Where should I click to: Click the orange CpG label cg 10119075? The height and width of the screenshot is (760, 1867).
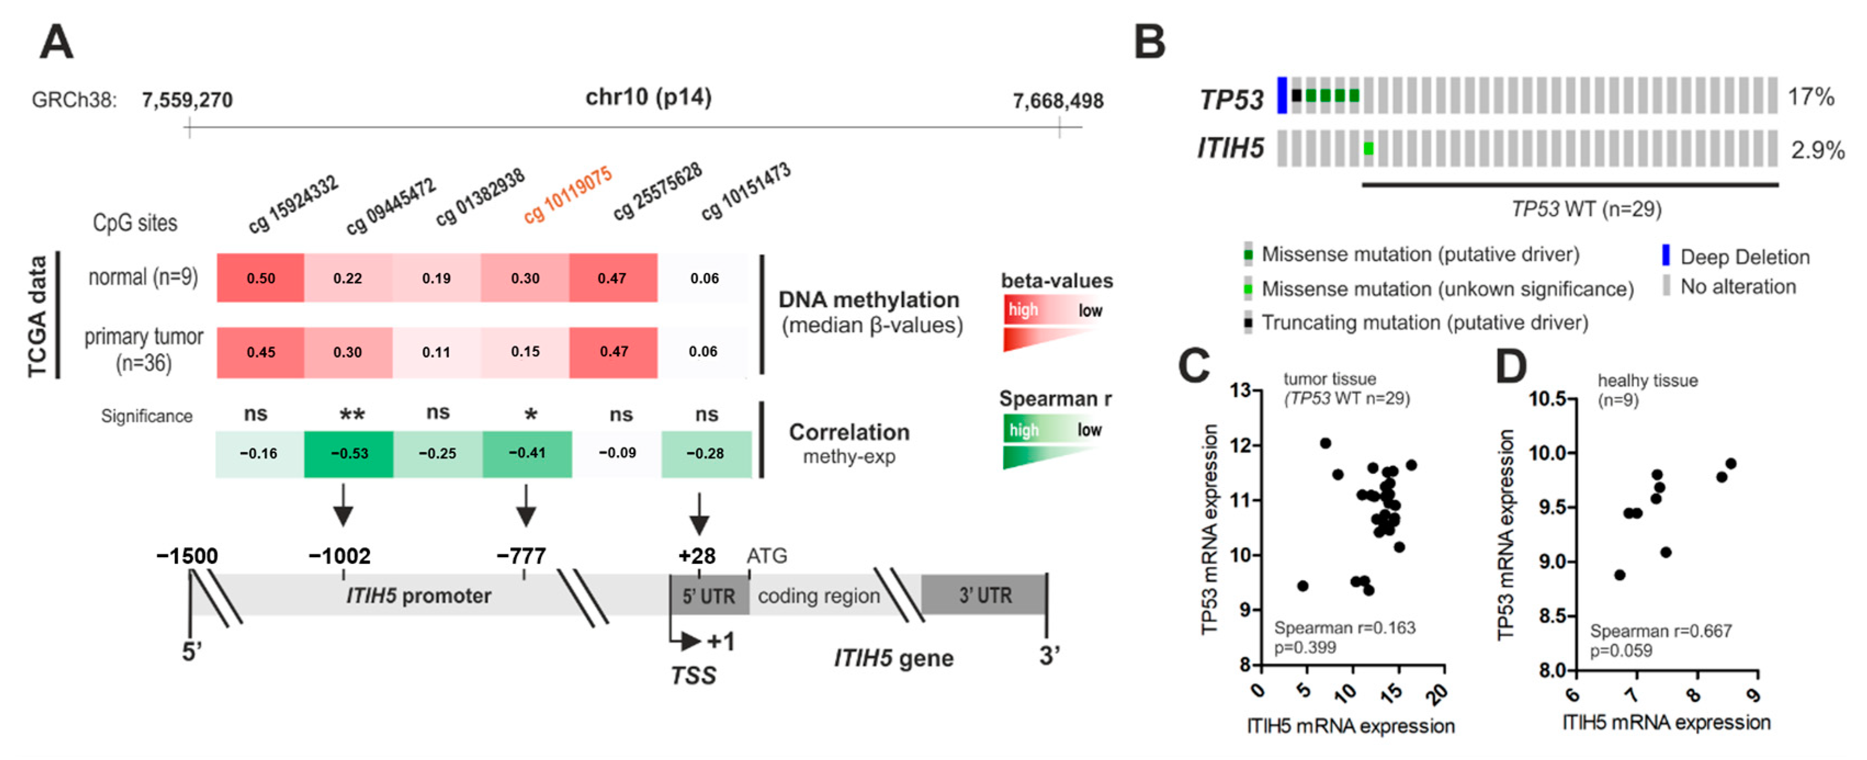[568, 194]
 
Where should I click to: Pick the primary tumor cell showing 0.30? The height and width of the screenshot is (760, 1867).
[348, 352]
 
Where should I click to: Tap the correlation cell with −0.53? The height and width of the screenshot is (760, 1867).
[349, 453]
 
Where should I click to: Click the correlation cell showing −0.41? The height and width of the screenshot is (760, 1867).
[527, 453]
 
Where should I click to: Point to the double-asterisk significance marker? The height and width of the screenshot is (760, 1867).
[352, 415]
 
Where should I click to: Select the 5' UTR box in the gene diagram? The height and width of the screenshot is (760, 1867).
[709, 595]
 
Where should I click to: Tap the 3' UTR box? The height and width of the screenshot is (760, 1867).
[983, 595]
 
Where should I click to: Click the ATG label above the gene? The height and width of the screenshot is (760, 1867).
[767, 555]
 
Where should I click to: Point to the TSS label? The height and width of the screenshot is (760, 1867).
[693, 675]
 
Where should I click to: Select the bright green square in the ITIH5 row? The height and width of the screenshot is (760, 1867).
[1368, 149]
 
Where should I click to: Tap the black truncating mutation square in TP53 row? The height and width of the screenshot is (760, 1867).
[1297, 95]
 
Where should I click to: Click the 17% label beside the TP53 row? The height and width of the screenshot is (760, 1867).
[1811, 97]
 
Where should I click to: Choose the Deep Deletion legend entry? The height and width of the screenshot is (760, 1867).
[1744, 257]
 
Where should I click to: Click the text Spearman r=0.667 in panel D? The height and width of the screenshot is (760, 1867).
[1660, 631]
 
